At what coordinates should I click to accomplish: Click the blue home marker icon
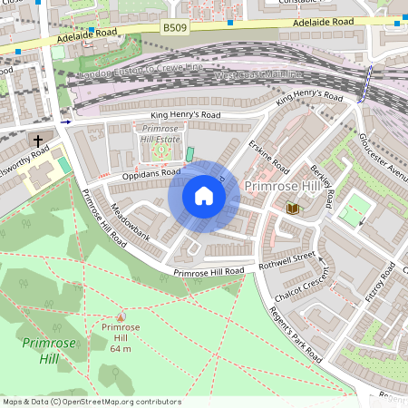tap(203, 196)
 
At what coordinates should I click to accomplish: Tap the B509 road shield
tap(175, 29)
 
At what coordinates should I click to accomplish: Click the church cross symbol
tap(37, 141)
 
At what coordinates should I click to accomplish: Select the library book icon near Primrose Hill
tap(292, 209)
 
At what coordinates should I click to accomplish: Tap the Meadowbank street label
tap(127, 220)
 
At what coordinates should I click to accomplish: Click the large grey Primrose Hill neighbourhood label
tap(282, 185)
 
